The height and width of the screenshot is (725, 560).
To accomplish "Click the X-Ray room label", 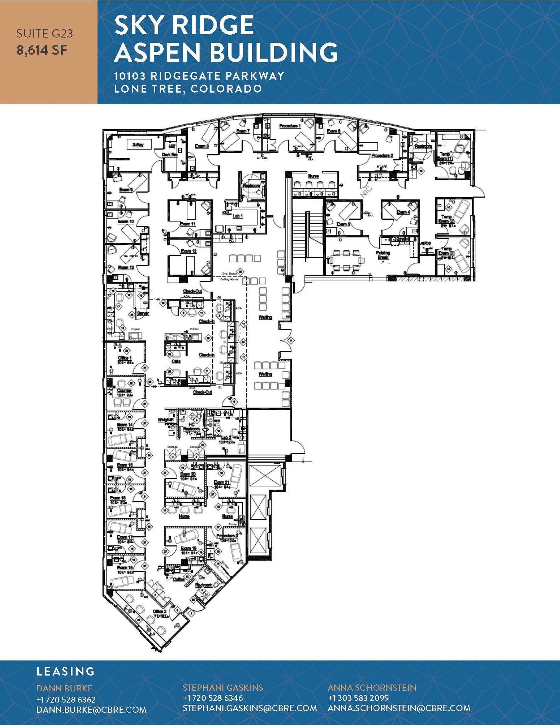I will (138, 144).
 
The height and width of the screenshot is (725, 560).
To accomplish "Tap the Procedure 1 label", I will (290, 126).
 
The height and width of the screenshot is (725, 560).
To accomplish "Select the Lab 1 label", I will (237, 216).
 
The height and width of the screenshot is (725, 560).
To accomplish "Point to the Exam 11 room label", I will (187, 224).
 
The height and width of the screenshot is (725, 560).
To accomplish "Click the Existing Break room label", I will (383, 255).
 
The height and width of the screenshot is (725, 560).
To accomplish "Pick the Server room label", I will (143, 313).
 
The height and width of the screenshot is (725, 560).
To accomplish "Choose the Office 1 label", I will (125, 358).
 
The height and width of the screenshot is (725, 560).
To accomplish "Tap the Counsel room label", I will (124, 390).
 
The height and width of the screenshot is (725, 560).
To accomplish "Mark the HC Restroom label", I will (191, 427).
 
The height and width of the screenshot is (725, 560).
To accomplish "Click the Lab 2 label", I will (226, 438).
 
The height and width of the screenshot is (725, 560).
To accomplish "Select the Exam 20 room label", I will (188, 474).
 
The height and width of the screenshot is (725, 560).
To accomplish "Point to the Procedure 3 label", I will (227, 536).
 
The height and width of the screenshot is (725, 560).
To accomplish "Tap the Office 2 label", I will (160, 612).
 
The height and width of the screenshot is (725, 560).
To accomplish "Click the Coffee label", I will (179, 580).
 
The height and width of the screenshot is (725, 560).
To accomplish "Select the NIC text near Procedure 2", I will (366, 192).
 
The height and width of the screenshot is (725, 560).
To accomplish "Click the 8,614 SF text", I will (42, 50).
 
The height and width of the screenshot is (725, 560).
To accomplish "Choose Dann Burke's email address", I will (91, 710).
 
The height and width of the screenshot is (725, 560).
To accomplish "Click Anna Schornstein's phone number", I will (358, 698).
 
